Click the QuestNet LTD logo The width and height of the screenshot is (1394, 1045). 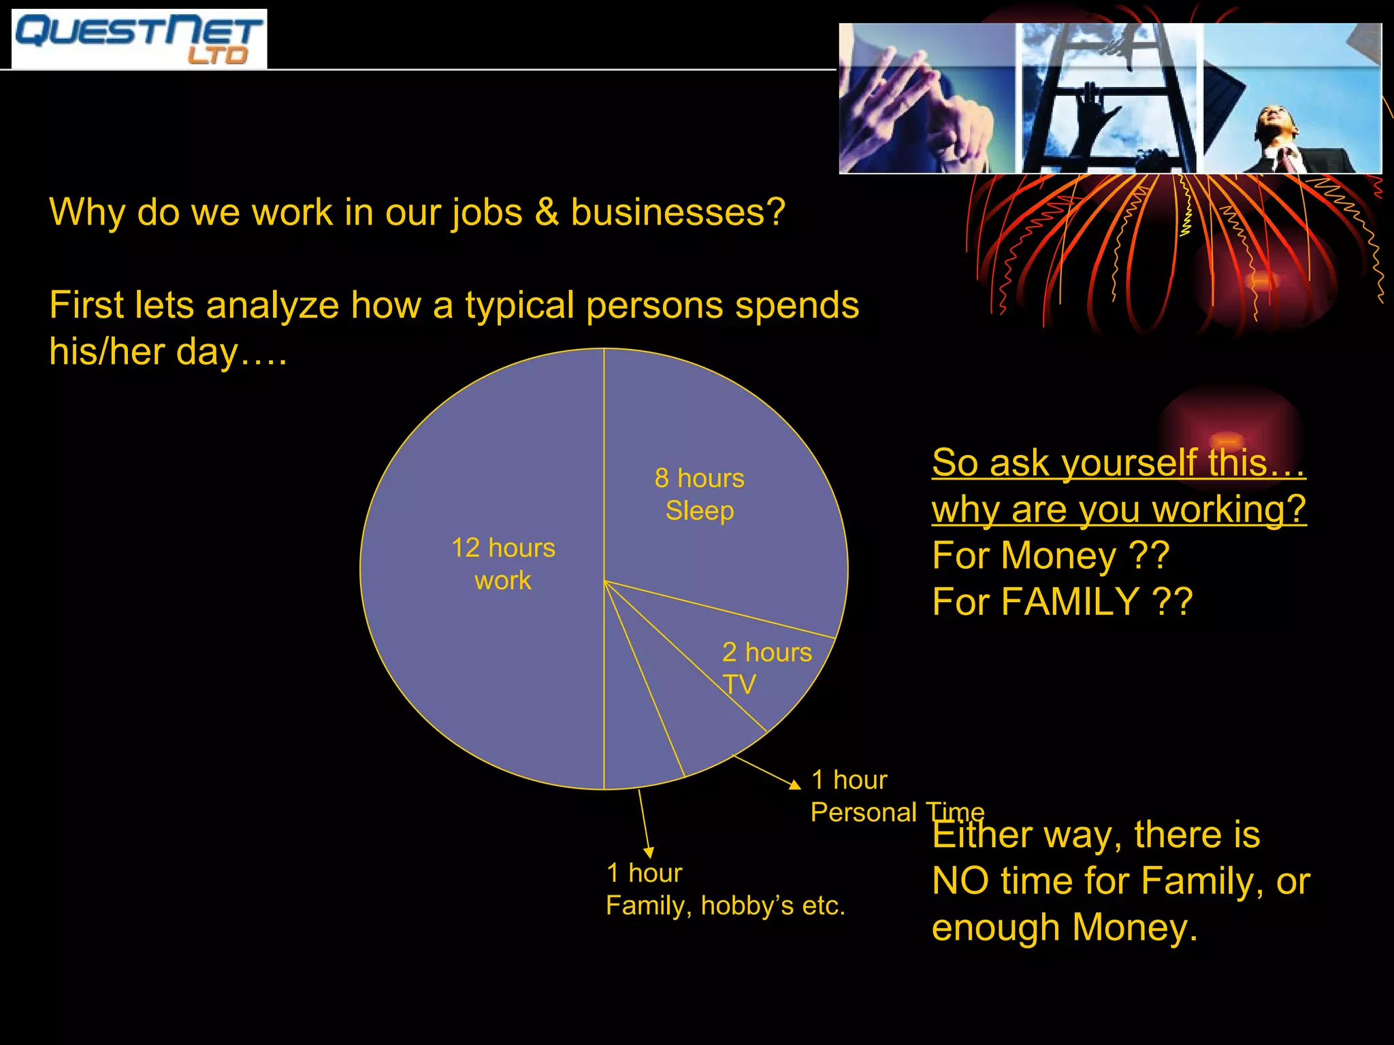139,39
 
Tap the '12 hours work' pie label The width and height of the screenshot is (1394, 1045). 503,564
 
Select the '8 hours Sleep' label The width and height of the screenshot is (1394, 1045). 699,495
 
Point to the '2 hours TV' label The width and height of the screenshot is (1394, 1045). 766,668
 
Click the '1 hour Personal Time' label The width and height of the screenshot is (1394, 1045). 896,796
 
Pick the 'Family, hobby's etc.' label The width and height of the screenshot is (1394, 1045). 725,906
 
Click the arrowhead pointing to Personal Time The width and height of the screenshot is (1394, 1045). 795,785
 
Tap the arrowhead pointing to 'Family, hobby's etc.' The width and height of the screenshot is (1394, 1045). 649,852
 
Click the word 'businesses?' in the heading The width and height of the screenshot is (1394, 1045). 678,212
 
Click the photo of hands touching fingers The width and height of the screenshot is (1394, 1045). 926,99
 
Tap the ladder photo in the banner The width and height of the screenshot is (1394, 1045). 1109,99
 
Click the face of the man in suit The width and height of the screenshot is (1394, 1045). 1274,122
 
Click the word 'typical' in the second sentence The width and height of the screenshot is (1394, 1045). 521,306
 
